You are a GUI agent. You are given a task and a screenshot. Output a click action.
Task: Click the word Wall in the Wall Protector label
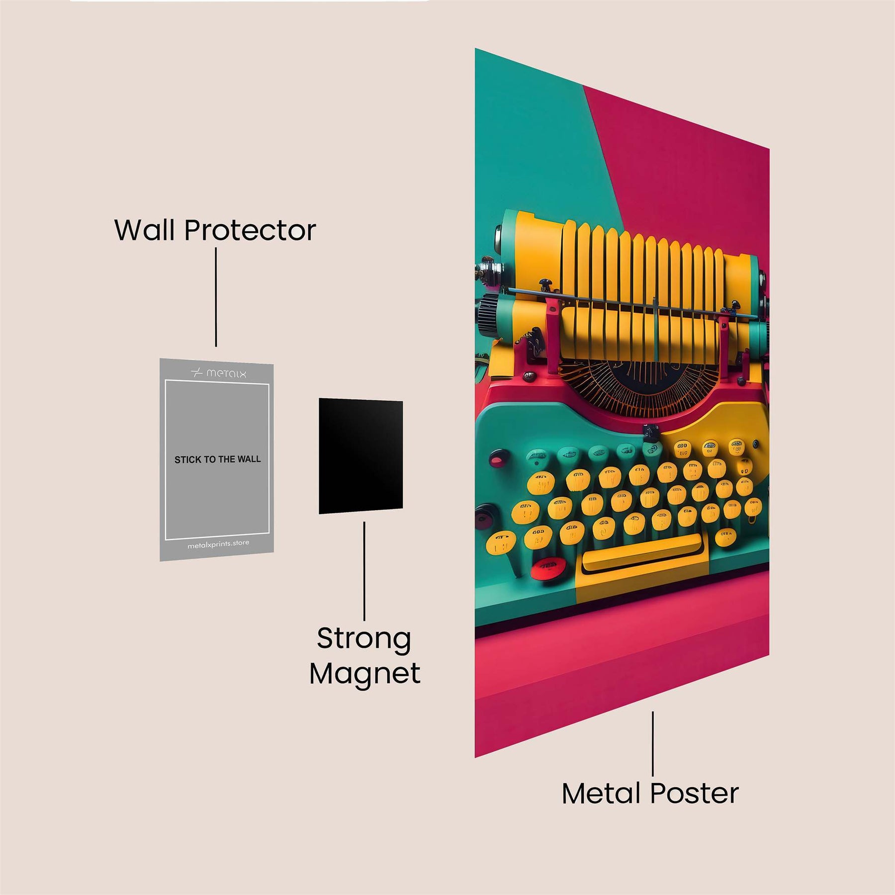point(145,230)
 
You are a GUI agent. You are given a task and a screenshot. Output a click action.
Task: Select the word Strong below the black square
point(364,639)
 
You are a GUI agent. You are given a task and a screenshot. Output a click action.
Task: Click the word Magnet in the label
point(365,674)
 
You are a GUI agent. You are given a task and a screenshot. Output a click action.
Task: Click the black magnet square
point(360,455)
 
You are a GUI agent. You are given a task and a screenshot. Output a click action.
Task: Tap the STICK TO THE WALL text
point(217,459)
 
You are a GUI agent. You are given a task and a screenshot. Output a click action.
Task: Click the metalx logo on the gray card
point(219,373)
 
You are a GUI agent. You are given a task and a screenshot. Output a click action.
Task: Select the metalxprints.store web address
point(218,544)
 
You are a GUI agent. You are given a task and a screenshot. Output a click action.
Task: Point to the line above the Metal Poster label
point(653,743)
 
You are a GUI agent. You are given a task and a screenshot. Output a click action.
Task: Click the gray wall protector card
point(217,497)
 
